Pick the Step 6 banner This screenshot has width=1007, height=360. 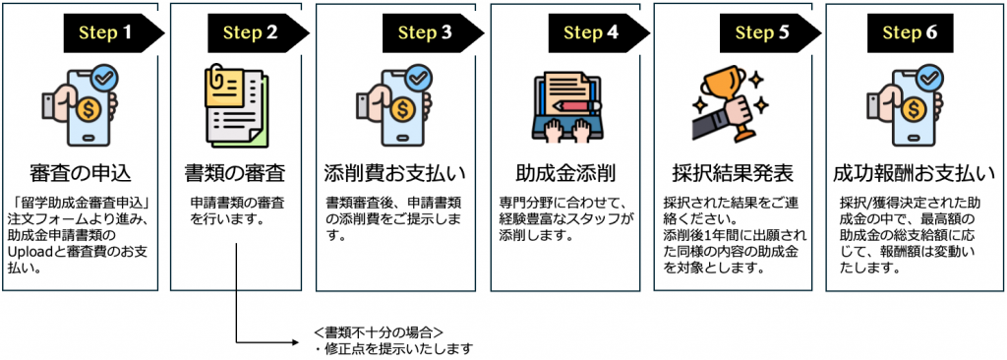point(910,32)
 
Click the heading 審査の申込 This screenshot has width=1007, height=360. point(81,173)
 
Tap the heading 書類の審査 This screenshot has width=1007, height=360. point(236,173)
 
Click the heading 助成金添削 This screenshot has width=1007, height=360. point(565,173)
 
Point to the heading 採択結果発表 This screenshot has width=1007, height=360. point(733,173)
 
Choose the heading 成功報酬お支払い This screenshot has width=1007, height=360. point(914,173)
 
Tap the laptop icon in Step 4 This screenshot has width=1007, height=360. point(565,108)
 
